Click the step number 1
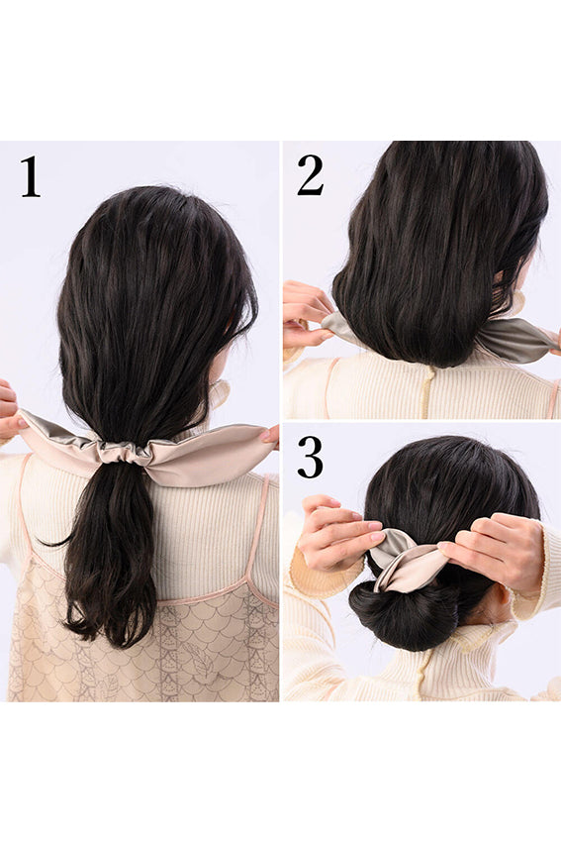[x=31, y=176]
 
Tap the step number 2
[x=310, y=174]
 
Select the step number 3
[x=310, y=457]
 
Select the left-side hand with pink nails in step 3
[x=338, y=534]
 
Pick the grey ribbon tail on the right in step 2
[x=514, y=340]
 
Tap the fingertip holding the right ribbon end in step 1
[x=270, y=435]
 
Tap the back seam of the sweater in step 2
[x=426, y=392]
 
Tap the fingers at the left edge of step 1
[x=9, y=411]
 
